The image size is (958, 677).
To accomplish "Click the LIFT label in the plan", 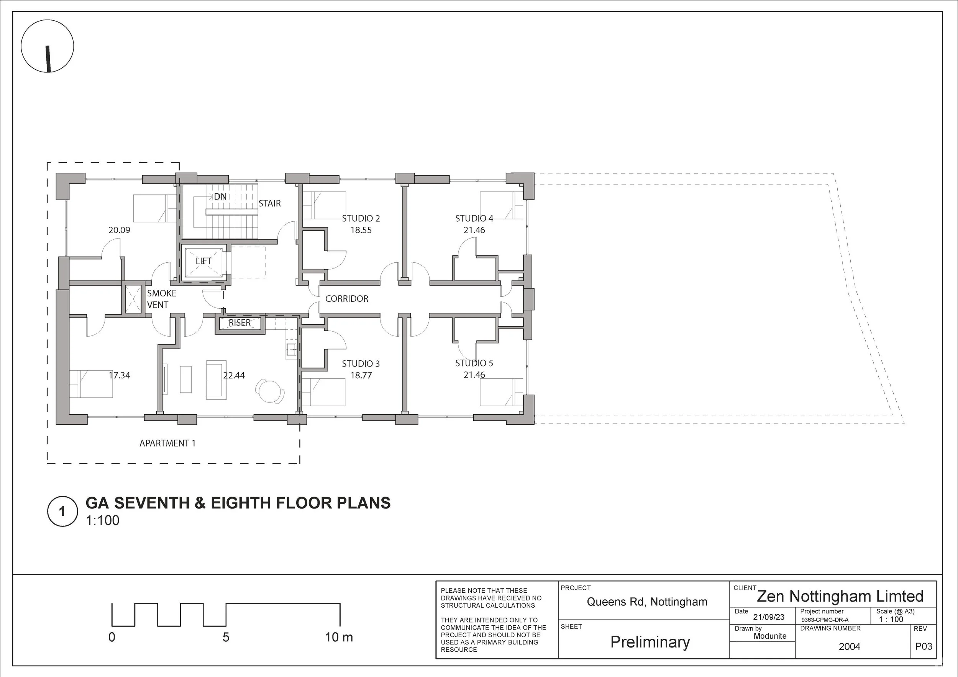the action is (203, 261).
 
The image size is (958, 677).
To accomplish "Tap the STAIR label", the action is (269, 203).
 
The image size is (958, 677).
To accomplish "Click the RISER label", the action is (239, 323).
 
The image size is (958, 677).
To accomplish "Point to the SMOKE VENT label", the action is (161, 299).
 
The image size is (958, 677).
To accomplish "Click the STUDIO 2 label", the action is (361, 218).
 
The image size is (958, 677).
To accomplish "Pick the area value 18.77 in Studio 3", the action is (361, 376).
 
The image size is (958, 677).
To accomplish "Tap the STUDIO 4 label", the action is (474, 218).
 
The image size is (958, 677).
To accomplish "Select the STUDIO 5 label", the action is (474, 363).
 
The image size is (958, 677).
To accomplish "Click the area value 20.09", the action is (119, 230).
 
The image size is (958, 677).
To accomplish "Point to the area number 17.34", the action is (119, 376).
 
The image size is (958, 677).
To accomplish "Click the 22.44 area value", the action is (234, 376).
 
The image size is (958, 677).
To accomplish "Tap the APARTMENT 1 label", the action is (167, 443).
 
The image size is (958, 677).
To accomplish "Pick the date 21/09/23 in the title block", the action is (769, 617).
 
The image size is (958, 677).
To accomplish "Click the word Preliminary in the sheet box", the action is (650, 643).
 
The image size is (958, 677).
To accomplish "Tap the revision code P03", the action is (924, 647).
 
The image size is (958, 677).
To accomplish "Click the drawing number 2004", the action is (850, 647).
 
